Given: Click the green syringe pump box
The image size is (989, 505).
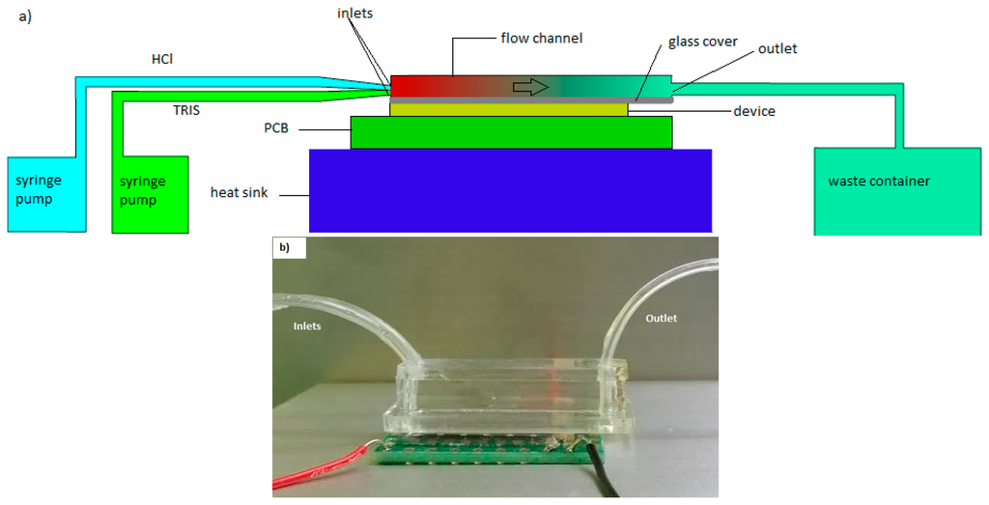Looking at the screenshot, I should pyautogui.click(x=149, y=193).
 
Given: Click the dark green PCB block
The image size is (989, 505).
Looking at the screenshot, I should pyautogui.click(x=511, y=132).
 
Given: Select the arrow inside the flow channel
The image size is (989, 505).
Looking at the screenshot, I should pyautogui.click(x=530, y=87).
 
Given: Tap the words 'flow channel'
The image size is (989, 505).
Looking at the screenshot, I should pyautogui.click(x=542, y=39).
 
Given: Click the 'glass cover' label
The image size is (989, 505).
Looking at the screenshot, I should pyautogui.click(x=702, y=42).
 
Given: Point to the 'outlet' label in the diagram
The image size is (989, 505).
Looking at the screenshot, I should pyautogui.click(x=777, y=48).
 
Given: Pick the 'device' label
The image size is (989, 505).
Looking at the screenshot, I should pyautogui.click(x=753, y=111).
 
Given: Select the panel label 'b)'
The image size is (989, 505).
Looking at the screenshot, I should pyautogui.click(x=284, y=247).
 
